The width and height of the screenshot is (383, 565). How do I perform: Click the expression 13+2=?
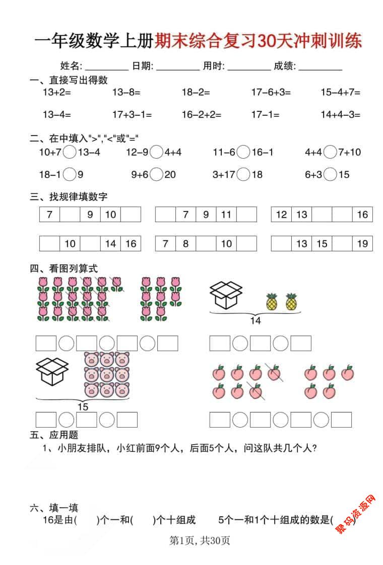[x=56, y=92]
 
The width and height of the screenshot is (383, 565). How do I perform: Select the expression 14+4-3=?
[x=340, y=115]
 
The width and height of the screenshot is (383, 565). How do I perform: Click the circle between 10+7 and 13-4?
[x=70, y=152]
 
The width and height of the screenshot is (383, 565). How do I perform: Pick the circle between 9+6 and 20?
[x=157, y=175]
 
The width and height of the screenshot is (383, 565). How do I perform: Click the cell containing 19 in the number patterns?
[x=362, y=244]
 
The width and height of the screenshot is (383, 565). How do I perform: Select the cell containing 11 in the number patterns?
[x=226, y=215]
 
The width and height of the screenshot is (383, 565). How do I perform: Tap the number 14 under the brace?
[x=256, y=320]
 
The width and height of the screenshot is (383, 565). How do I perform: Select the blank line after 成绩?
[x=321, y=66]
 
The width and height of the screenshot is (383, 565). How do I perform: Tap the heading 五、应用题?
[x=54, y=435]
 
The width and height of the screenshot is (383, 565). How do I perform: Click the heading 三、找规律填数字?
[x=69, y=196]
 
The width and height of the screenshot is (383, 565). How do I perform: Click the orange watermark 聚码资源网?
[x=356, y=515]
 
